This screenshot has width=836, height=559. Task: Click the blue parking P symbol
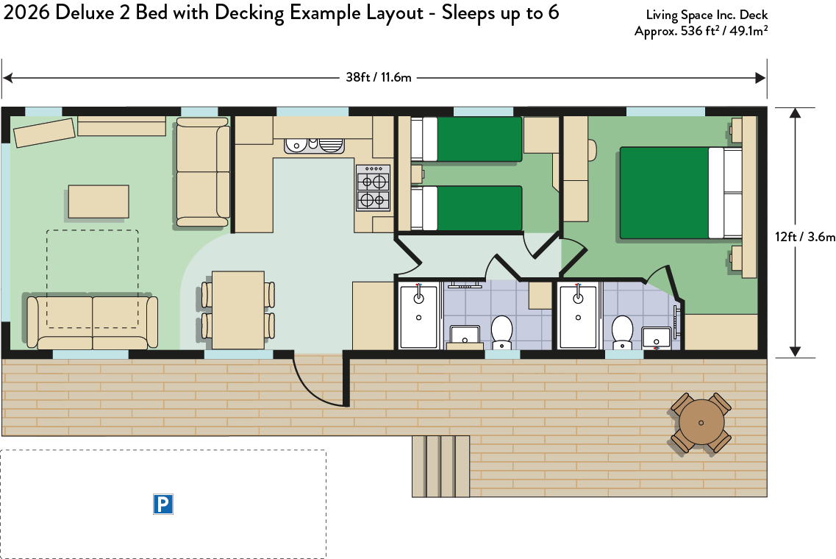pos(163,504)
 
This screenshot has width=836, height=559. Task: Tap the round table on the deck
pos(701,422)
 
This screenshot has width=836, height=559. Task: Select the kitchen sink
pos(314,146)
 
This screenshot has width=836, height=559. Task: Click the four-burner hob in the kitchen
pos(374,188)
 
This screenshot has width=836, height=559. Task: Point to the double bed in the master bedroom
pos(681,193)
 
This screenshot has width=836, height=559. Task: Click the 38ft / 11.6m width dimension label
pos(379,77)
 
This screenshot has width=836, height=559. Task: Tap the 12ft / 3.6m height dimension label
pos(805,236)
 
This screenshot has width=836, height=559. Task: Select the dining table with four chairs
pos(238,310)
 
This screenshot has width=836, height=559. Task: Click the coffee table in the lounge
pos(99,202)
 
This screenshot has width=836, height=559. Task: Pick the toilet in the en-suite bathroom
pos(622,332)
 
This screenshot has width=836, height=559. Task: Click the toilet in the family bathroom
pos(501,332)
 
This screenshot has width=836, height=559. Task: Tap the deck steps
pos(441,466)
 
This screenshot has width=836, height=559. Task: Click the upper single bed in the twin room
pos(466,139)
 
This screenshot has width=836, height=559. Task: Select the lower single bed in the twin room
pos(466,208)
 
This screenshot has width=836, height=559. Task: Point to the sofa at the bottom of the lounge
pos(92,321)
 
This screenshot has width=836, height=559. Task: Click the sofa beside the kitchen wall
pos(203,172)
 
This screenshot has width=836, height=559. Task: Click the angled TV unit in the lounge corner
pos(44,132)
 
